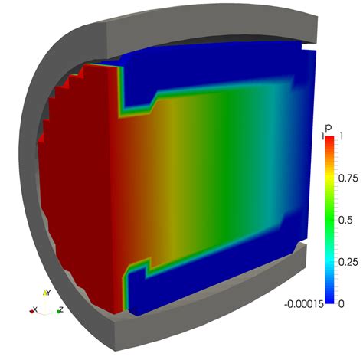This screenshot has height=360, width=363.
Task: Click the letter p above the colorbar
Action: click(x=329, y=126)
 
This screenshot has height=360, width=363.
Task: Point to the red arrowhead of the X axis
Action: click(x=37, y=310)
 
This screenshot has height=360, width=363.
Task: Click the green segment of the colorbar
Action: click(x=329, y=219)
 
